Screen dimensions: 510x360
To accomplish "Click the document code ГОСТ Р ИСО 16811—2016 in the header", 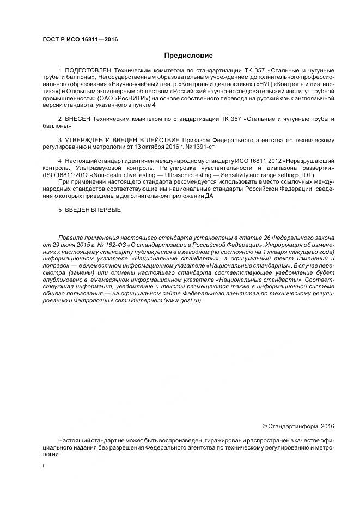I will pyautogui.click(x=80, y=40).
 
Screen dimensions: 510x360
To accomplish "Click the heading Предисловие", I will pyautogui.click(x=188, y=56).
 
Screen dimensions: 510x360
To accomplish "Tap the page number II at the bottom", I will pyautogui.click(x=44, y=466).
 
